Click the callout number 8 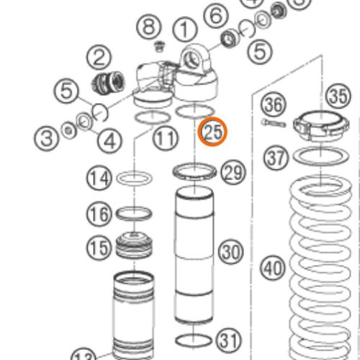tap(149, 28)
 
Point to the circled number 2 tap(99, 57)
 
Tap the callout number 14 tap(99, 176)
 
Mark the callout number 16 tap(99, 213)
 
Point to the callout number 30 tap(230, 252)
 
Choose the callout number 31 tap(228, 338)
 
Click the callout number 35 tap(337, 96)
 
